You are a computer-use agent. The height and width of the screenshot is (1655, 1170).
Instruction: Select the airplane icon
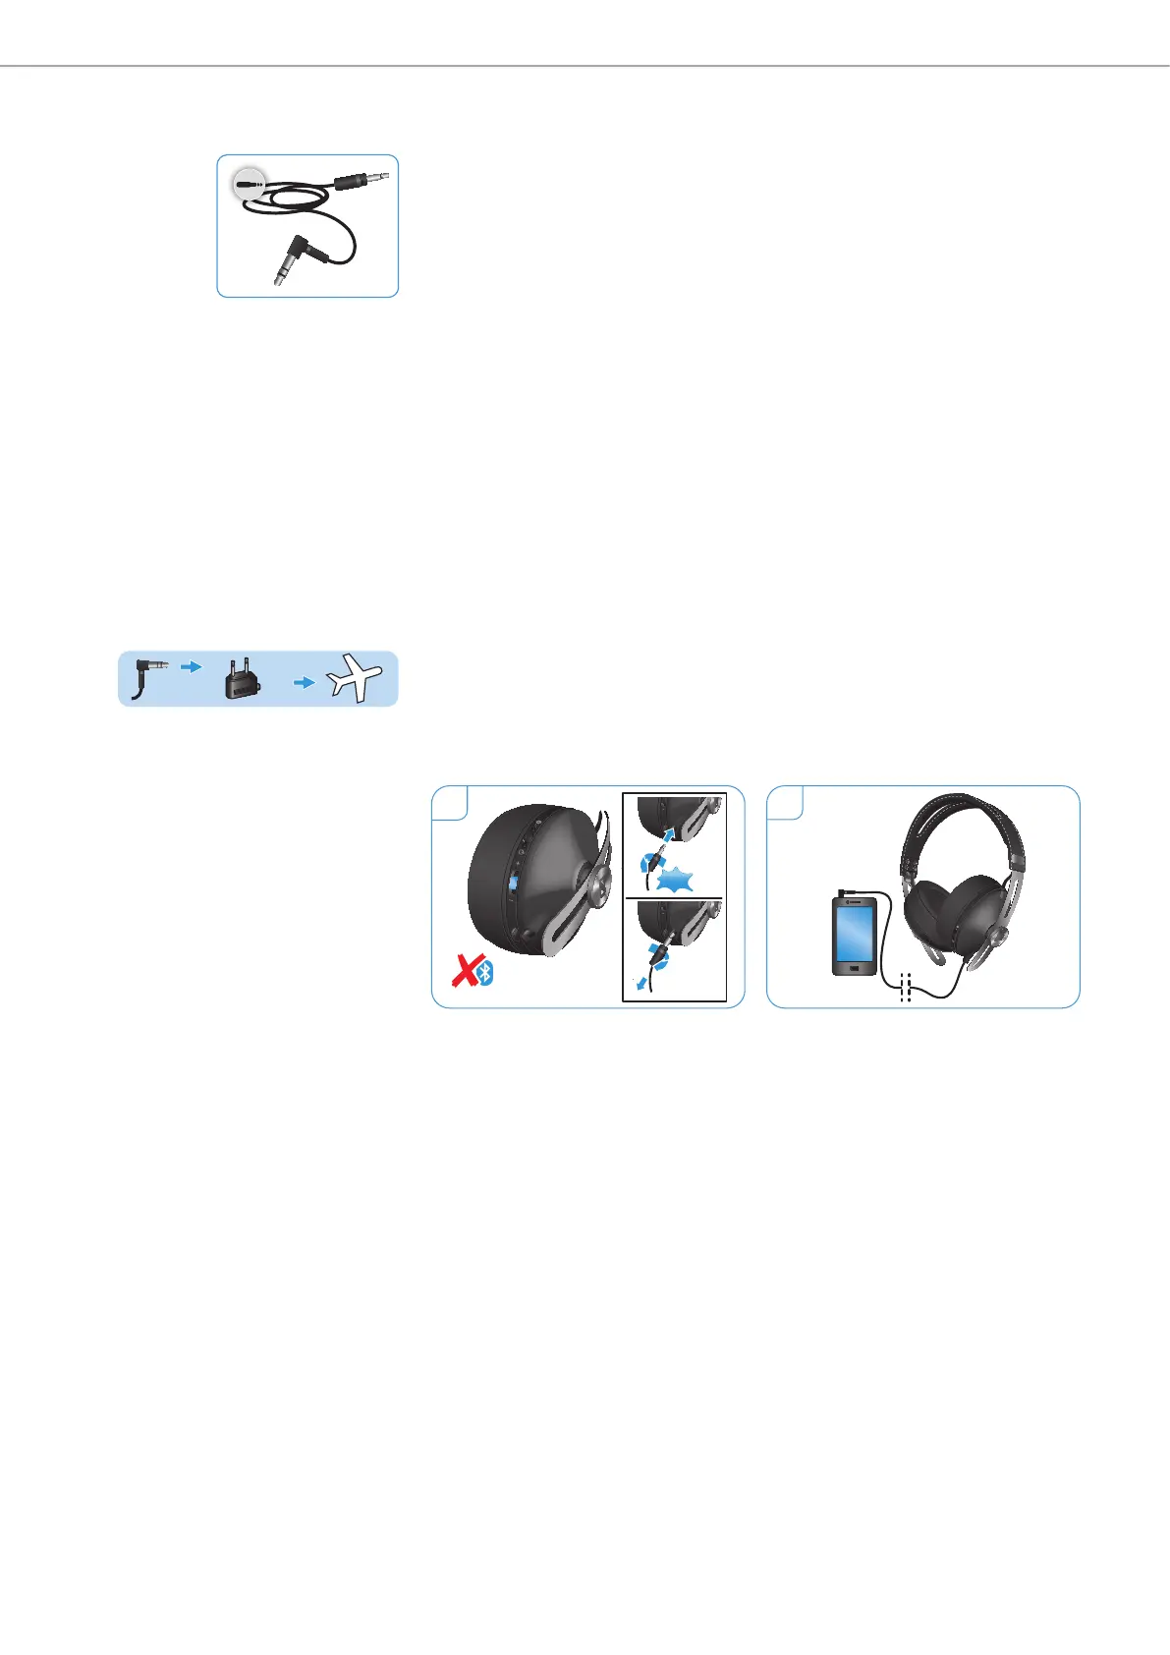[355, 679]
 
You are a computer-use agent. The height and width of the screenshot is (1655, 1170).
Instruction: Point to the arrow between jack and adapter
[193, 666]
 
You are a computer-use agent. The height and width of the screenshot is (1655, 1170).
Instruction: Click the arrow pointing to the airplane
[305, 682]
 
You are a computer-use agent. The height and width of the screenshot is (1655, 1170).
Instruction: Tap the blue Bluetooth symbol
[484, 974]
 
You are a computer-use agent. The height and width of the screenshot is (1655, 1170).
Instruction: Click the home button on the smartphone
[854, 969]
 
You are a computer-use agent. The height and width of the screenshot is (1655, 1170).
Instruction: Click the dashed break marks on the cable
[906, 989]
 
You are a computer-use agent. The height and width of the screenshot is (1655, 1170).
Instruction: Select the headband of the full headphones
[964, 815]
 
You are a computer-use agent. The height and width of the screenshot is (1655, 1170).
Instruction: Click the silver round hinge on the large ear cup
[998, 934]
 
